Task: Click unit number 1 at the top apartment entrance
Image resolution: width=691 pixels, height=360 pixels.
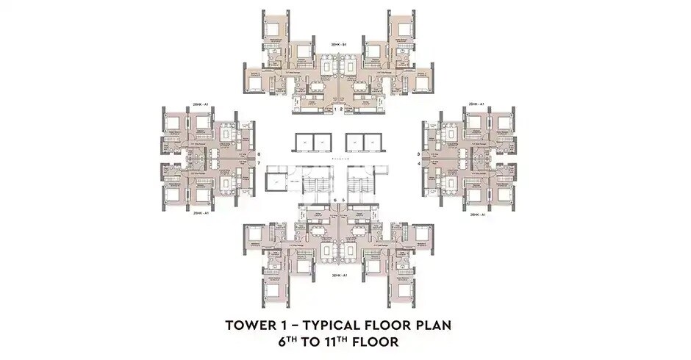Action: [x=335, y=109]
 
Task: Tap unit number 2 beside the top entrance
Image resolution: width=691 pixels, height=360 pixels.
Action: [x=342, y=109]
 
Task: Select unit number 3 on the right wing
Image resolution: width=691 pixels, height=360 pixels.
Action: [x=418, y=154]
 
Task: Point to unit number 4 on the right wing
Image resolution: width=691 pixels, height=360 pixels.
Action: [x=418, y=163]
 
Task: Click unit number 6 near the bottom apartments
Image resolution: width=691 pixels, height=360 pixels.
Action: [x=335, y=199]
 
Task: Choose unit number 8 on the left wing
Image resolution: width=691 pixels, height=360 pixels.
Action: [x=259, y=154]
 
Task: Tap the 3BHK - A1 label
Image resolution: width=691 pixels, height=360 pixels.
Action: [x=338, y=275]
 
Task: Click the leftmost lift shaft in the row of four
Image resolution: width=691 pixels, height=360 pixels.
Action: [x=304, y=143]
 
